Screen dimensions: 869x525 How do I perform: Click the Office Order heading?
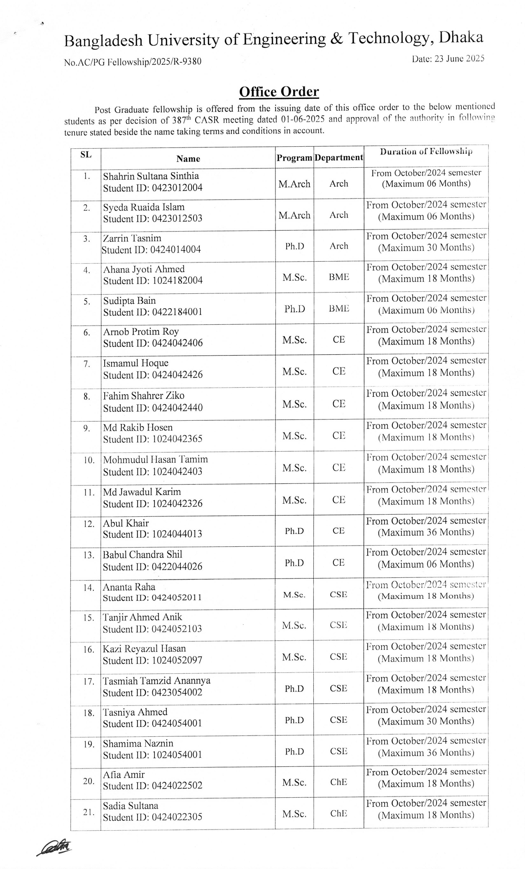click(279, 91)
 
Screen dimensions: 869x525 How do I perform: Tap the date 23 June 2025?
click(448, 59)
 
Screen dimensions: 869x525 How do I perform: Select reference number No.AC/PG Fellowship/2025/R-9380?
click(133, 62)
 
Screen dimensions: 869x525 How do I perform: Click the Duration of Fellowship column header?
click(426, 152)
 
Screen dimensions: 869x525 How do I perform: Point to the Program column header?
click(294, 158)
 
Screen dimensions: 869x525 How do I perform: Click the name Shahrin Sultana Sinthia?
click(151, 176)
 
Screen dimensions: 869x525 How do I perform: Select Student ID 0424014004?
click(151, 250)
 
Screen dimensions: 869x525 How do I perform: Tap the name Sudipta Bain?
click(129, 301)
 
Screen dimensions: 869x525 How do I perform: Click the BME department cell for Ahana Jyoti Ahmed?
click(339, 277)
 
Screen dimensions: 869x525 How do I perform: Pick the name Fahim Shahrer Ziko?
click(144, 396)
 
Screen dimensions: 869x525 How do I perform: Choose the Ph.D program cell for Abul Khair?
click(294, 531)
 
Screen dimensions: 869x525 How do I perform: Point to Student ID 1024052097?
click(152, 661)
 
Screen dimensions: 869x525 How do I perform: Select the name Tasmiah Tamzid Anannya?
click(156, 681)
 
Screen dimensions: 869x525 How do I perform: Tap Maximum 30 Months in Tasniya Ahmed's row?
click(426, 721)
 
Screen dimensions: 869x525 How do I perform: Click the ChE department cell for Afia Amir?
click(338, 782)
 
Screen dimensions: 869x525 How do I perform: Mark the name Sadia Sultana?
click(131, 806)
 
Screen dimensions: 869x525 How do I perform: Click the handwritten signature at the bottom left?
click(55, 848)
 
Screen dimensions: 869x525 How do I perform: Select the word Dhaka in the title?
click(461, 38)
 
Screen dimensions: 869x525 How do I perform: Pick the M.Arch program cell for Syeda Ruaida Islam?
click(294, 215)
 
